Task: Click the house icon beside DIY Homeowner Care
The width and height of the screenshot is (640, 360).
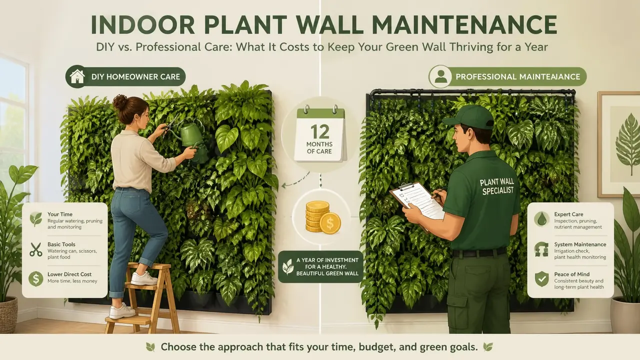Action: click(x=77, y=76)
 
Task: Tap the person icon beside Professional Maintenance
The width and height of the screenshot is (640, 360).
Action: click(x=440, y=76)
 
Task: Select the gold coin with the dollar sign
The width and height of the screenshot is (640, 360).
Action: click(x=330, y=223)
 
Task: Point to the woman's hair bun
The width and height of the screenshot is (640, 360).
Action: click(x=119, y=101)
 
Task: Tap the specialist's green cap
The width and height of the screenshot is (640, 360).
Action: click(x=468, y=117)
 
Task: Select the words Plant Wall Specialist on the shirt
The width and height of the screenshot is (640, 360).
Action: click(x=497, y=187)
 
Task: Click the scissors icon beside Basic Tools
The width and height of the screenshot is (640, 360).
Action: click(x=35, y=249)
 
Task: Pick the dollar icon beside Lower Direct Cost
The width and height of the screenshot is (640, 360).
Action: click(x=35, y=279)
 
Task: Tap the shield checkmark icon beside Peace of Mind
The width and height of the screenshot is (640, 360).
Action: click(x=541, y=279)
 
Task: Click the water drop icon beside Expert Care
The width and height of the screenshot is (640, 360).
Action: click(x=541, y=219)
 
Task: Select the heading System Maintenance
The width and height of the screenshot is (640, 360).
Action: click(x=580, y=244)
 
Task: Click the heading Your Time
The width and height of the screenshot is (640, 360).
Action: click(x=60, y=214)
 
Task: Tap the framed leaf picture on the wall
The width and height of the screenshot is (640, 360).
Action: click(x=618, y=144)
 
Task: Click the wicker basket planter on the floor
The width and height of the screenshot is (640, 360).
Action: click(x=8, y=314)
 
